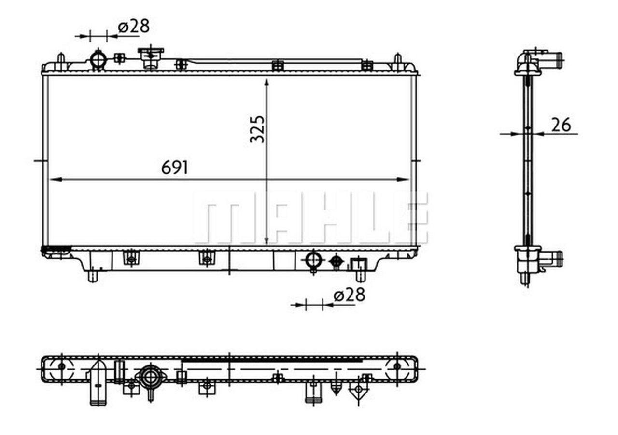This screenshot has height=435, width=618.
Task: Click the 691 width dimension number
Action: [175, 168]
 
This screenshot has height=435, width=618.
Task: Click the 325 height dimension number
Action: [257, 129]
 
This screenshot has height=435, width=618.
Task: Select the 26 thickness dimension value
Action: [561, 125]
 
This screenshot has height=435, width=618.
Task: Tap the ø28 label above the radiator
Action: [134, 26]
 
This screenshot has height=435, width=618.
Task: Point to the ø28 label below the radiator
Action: [349, 295]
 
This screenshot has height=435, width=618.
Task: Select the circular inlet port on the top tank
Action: [98, 59]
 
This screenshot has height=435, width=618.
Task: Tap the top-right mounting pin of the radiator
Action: [397, 61]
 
